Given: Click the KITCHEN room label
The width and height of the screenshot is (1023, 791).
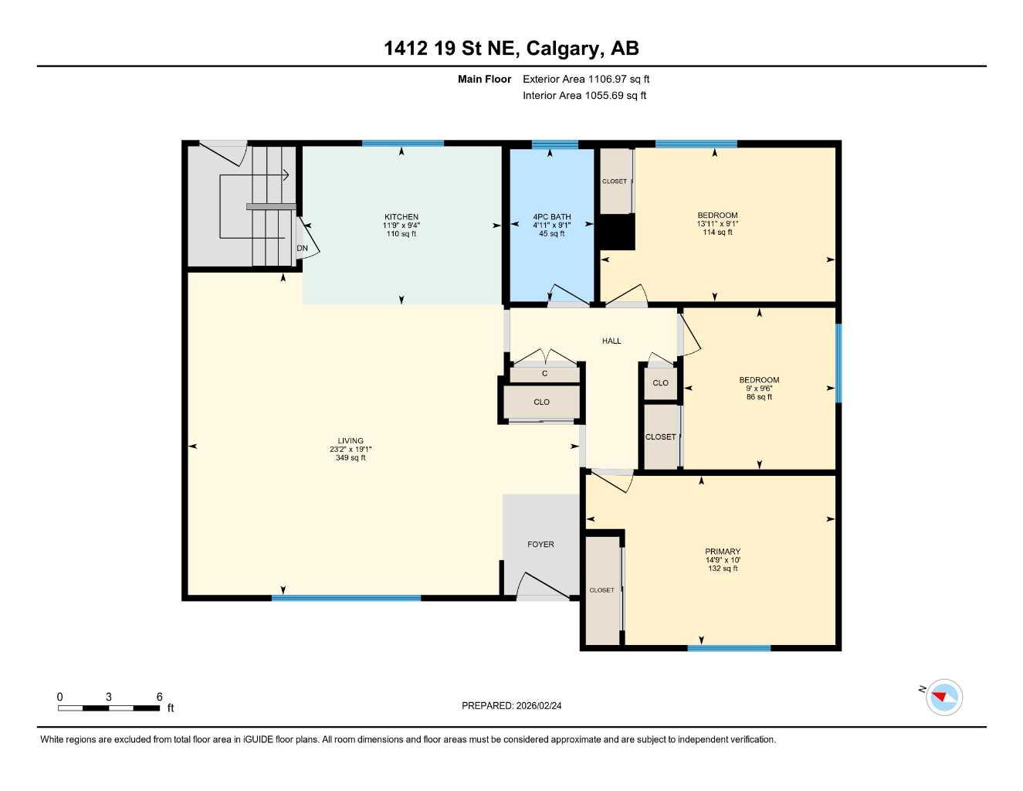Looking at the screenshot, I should (x=401, y=217).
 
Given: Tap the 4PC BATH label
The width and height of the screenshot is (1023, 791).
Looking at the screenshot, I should (x=551, y=217).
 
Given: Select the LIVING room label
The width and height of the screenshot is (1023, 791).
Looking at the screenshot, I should (x=351, y=441).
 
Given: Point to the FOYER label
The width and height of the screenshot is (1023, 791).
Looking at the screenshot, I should (x=540, y=545).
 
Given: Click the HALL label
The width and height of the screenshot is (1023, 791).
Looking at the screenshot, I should (x=611, y=341).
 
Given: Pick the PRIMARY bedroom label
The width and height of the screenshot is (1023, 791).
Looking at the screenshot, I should (x=723, y=552).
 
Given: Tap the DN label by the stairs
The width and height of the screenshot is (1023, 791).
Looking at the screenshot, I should (x=303, y=249).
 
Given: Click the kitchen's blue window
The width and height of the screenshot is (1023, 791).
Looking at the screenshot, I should (x=402, y=144).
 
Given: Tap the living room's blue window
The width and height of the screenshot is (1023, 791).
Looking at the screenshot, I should (x=346, y=598).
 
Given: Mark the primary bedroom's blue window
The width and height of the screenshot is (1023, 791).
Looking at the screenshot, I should (x=729, y=648).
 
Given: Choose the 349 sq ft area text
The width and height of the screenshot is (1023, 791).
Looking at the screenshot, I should (x=351, y=458).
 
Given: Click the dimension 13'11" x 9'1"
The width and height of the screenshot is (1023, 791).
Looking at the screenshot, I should (x=717, y=224).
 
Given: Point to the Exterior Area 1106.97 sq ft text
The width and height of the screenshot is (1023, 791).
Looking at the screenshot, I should (x=586, y=79).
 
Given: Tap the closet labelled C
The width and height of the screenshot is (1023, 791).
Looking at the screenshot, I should (x=544, y=374).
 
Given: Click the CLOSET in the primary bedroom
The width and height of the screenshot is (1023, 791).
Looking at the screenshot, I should (x=602, y=590).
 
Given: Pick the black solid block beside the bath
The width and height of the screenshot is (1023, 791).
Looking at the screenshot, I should (x=618, y=232).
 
